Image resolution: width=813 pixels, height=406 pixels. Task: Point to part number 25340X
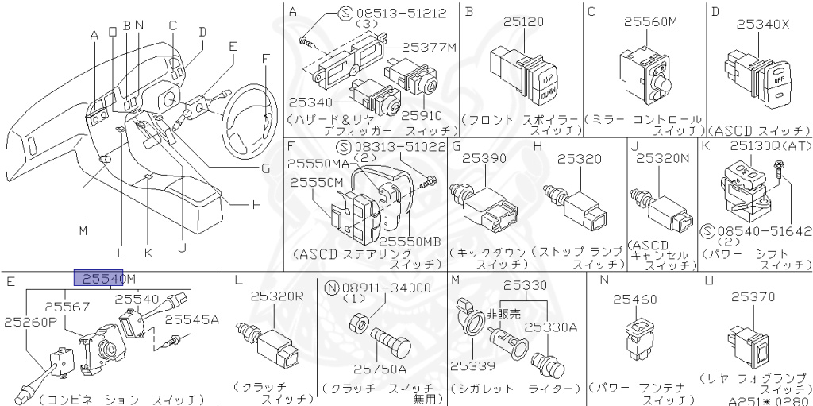762,24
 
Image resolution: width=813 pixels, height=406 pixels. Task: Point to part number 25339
472,365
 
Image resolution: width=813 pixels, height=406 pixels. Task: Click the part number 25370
753,296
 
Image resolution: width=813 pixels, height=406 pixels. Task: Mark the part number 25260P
30,322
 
